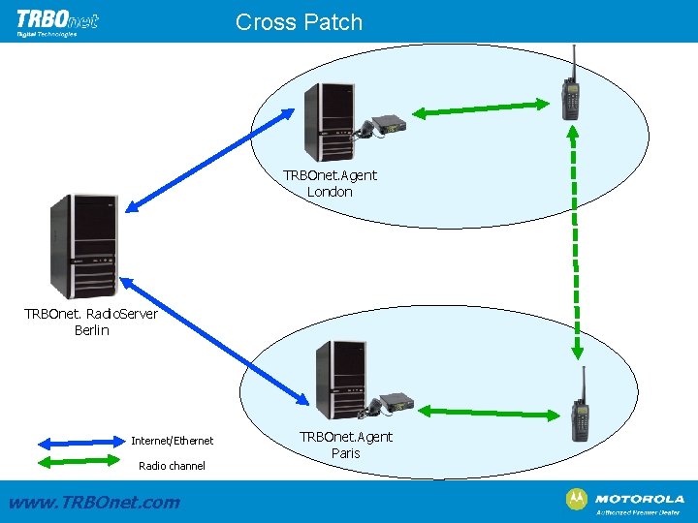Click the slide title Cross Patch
pyautogui.click(x=299, y=22)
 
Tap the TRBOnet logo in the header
pyautogui.click(x=57, y=20)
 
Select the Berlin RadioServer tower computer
pyautogui.click(x=85, y=246)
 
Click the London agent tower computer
pyautogui.click(x=329, y=121)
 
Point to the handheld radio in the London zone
pyautogui.click(x=571, y=87)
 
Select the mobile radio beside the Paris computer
pyautogui.click(x=395, y=401)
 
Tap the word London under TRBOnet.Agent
pyautogui.click(x=330, y=192)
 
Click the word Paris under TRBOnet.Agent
pyautogui.click(x=345, y=453)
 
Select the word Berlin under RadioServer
pyautogui.click(x=91, y=330)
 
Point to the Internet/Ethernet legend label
pyautogui.click(x=173, y=441)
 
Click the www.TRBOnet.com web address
pyautogui.click(x=93, y=502)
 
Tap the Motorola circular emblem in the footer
pyautogui.click(x=576, y=499)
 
